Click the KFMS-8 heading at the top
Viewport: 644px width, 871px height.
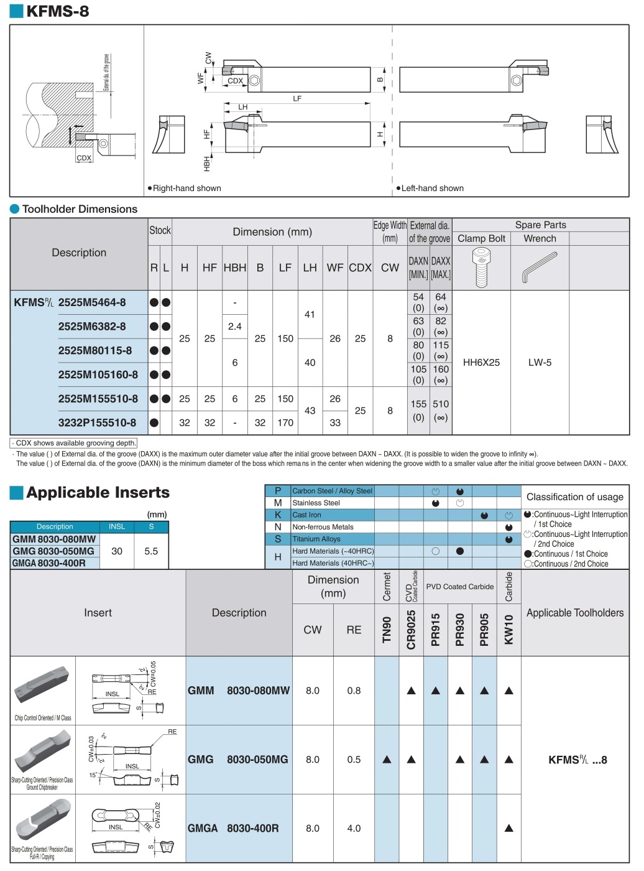[x=57, y=11]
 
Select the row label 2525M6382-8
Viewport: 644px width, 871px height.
[x=92, y=327]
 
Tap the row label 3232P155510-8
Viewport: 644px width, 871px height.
[x=97, y=423]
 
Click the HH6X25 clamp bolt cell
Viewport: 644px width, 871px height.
[x=481, y=362]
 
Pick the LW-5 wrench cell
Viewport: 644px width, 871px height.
[x=540, y=362]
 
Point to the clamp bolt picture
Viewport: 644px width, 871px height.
[x=481, y=267]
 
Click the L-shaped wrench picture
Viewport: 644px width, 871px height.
[x=539, y=267]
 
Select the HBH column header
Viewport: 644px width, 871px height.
[x=235, y=268]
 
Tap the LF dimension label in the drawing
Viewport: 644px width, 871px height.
[x=297, y=99]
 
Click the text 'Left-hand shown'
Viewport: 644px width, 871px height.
[x=432, y=188]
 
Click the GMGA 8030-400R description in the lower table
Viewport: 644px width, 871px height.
[x=234, y=829]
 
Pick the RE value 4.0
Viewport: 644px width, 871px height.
[x=354, y=829]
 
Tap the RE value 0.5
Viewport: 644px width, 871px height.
[x=354, y=760]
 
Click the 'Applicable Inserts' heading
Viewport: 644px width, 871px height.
[x=98, y=493]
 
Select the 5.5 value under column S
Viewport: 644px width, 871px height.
[x=151, y=551]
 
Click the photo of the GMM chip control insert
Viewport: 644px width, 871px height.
[x=42, y=686]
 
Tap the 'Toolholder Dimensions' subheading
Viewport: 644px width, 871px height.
[x=80, y=209]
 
